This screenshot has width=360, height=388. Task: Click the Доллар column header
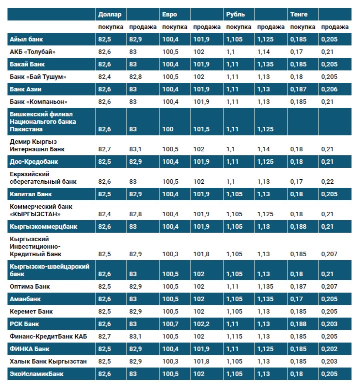(110, 14)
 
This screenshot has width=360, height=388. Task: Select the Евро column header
(169, 14)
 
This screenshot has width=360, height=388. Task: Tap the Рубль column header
(235, 14)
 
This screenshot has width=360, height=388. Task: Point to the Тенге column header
(298, 14)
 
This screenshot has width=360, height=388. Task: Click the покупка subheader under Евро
(175, 27)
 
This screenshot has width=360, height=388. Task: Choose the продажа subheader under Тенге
(335, 27)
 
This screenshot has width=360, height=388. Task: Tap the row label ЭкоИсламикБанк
(36, 374)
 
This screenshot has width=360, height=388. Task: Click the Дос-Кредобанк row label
(34, 162)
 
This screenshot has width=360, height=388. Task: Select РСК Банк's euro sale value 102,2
(202, 324)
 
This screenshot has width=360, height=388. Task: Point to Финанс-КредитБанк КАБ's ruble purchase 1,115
(235, 337)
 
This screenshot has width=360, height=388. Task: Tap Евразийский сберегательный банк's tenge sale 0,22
(328, 182)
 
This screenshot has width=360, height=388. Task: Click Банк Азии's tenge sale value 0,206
(329, 89)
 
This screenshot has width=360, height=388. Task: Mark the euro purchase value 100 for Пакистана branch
(167, 129)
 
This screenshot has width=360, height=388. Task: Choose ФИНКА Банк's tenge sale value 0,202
(329, 349)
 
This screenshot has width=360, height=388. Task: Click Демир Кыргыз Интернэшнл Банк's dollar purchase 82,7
(105, 149)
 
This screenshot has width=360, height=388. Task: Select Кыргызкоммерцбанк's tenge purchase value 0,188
(298, 227)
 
